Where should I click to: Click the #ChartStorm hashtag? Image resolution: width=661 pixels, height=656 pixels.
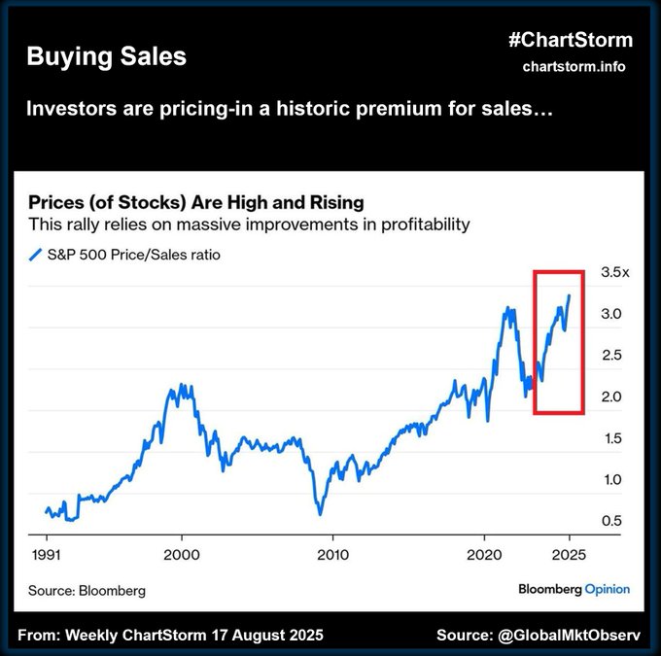(x=570, y=40)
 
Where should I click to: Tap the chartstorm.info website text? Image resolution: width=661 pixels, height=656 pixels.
(x=574, y=66)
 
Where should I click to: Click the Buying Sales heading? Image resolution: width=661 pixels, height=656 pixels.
(x=106, y=56)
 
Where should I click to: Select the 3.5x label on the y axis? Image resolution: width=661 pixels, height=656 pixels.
(x=615, y=273)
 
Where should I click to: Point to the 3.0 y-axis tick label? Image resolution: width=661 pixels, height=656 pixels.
(x=611, y=314)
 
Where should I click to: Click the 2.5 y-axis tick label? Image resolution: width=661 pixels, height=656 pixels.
(x=611, y=356)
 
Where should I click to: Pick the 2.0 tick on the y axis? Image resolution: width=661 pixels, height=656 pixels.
(x=611, y=397)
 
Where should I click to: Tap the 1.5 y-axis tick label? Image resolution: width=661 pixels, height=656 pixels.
(x=611, y=438)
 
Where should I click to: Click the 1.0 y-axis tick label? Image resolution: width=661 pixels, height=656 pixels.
(x=611, y=479)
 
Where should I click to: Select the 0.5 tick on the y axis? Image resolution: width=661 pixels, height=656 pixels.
(x=611, y=521)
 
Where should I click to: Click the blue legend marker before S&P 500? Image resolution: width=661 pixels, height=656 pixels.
(x=36, y=256)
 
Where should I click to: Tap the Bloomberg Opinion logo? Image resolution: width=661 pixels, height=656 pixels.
(x=574, y=589)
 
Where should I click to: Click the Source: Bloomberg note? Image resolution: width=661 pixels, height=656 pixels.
(x=87, y=590)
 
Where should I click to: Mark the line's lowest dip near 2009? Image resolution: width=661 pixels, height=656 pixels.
(x=319, y=513)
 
